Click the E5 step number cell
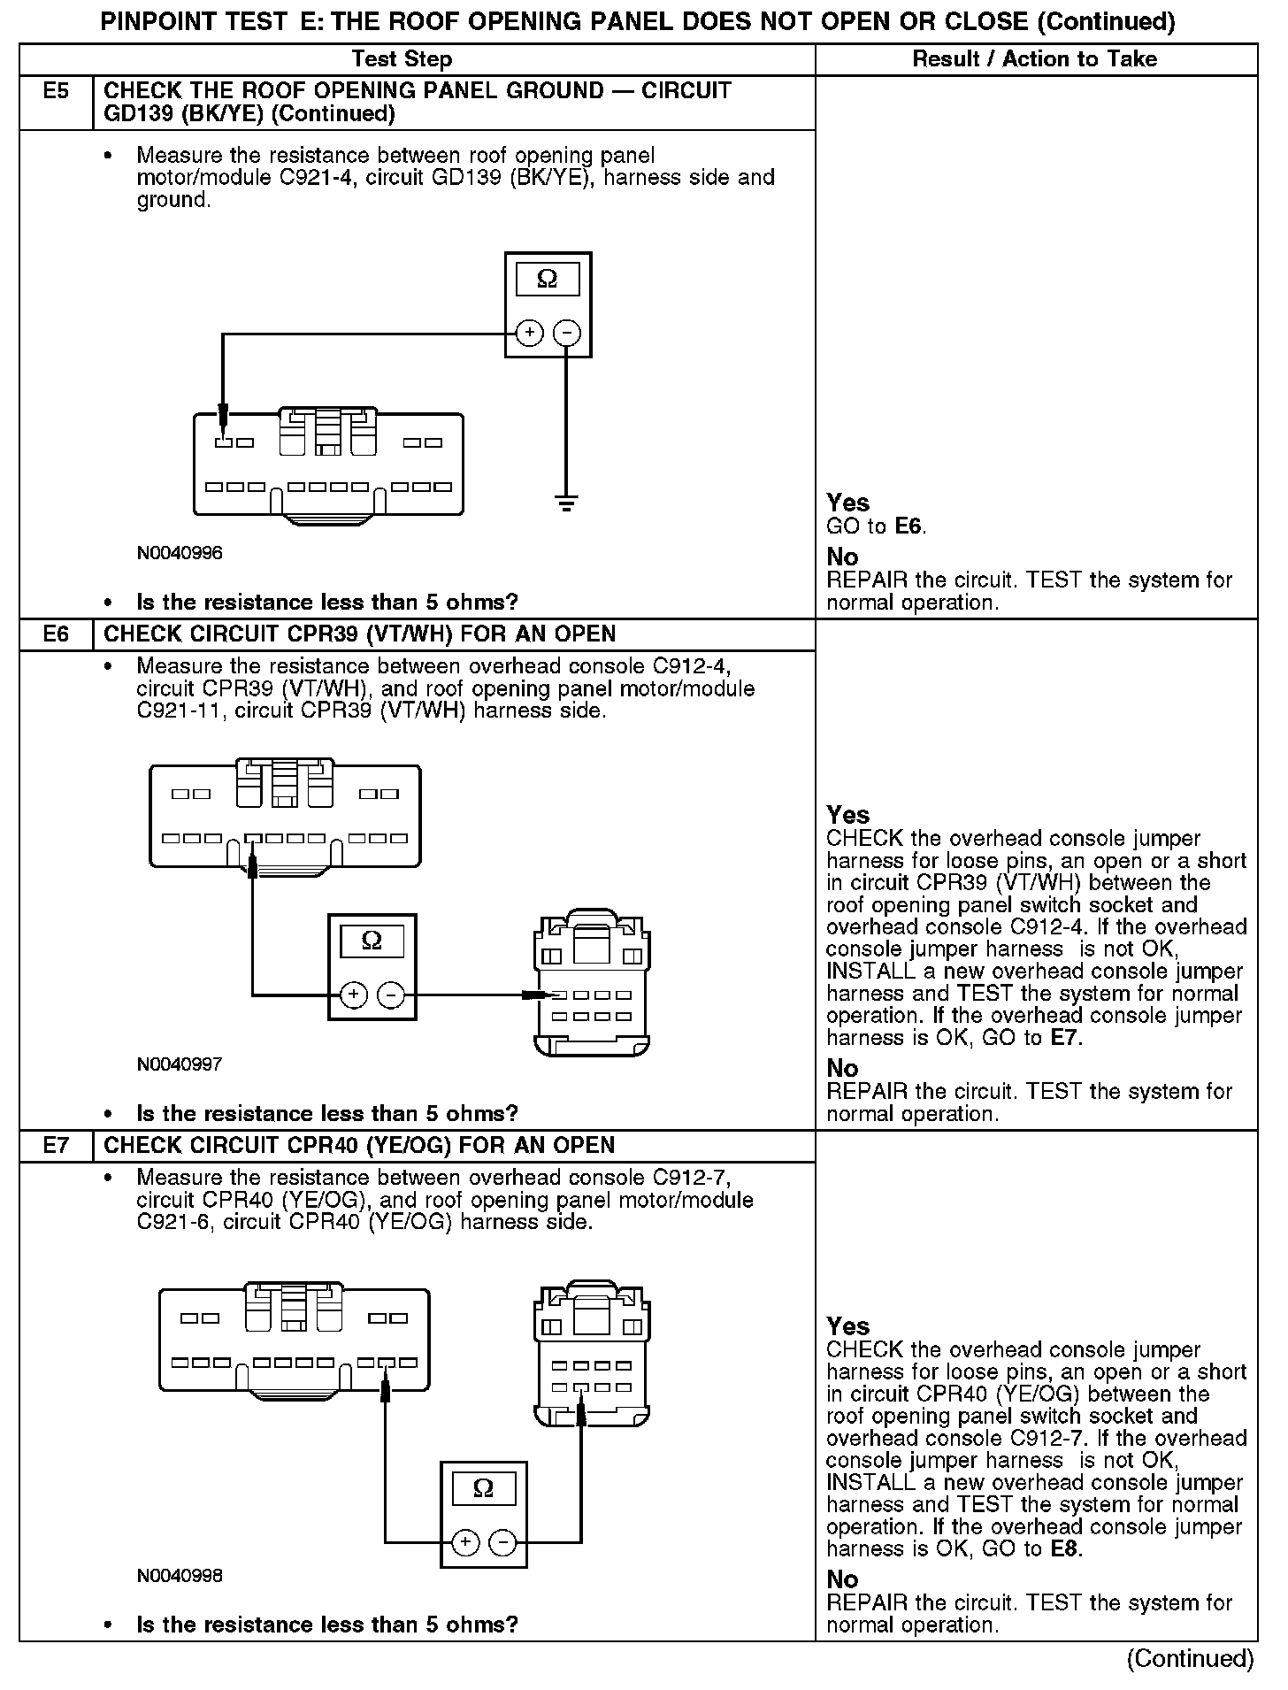click(x=56, y=92)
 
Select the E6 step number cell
click(x=56, y=634)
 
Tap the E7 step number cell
click(x=56, y=1146)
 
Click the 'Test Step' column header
click(x=402, y=59)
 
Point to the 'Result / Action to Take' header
click(x=1034, y=59)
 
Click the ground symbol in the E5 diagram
click(x=566, y=504)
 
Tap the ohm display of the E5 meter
click(x=548, y=280)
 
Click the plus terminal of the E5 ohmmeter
click(x=529, y=334)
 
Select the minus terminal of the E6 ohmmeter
click(x=391, y=995)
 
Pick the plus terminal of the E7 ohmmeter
click(x=465, y=1543)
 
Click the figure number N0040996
click(x=180, y=553)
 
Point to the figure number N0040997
click(x=180, y=1064)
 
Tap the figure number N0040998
click(x=180, y=1576)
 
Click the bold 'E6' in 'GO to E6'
click(x=908, y=526)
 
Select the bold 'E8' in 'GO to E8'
click(x=1065, y=1549)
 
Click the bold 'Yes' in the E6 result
click(x=847, y=815)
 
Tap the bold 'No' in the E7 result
click(x=842, y=1579)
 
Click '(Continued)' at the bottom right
click(x=1190, y=1659)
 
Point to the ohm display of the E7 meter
click(x=483, y=1488)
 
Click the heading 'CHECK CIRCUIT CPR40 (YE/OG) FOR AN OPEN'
click(x=359, y=1146)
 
